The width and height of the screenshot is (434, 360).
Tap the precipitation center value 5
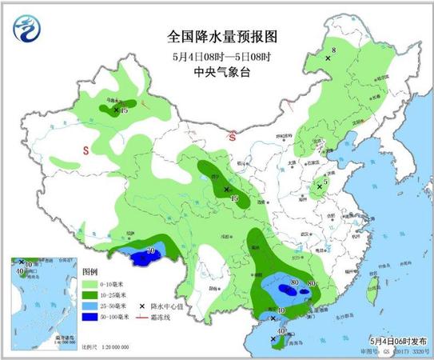(x=325, y=182)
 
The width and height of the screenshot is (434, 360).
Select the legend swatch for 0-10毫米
(x=90, y=284)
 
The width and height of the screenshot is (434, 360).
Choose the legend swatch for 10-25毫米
(x=90, y=295)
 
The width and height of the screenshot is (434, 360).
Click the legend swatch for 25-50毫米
(x=90, y=306)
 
